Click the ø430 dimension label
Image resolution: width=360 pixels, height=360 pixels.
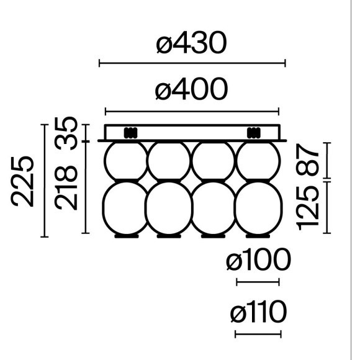click(191, 43)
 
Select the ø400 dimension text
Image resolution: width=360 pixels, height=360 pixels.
click(191, 89)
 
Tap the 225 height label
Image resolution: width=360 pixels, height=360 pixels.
click(22, 181)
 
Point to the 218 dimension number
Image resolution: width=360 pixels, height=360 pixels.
click(66, 188)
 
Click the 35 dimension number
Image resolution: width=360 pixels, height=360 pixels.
click(66, 133)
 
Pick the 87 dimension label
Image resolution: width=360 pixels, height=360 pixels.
click(308, 160)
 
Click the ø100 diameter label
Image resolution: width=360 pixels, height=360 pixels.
click(259, 260)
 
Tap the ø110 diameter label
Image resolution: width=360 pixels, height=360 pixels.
click(259, 312)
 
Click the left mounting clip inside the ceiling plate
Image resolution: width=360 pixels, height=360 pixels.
click(130, 133)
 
